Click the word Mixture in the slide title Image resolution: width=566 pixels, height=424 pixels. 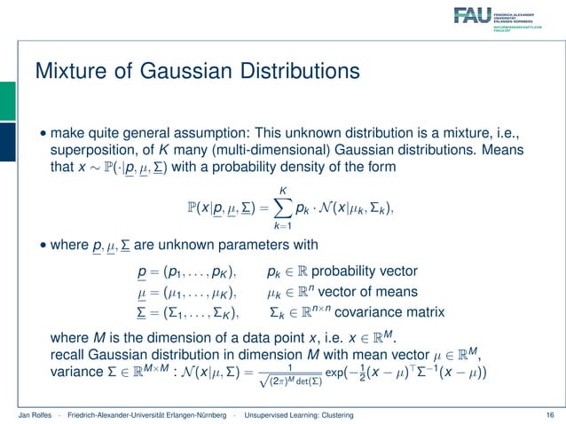[x=66, y=69]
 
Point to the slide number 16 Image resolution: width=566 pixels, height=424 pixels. [x=551, y=414]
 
